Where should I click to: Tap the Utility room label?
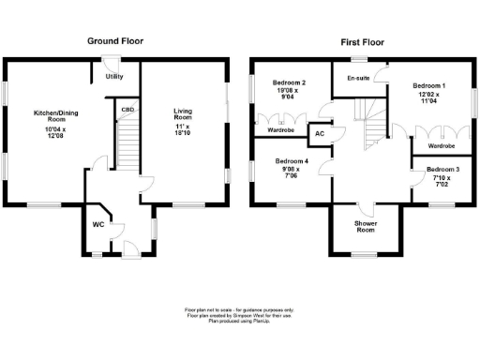tap(115, 76)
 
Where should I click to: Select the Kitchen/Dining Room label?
tap(50, 116)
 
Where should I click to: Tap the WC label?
tap(97, 225)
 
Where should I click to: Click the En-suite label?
tap(358, 79)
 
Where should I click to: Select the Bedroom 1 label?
tap(430, 85)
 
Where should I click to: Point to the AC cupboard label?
tap(319, 134)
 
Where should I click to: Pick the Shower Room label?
tap(366, 226)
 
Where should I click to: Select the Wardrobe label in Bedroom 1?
tap(441, 146)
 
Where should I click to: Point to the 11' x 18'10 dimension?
tap(183, 130)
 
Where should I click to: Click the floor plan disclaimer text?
tap(239, 314)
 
